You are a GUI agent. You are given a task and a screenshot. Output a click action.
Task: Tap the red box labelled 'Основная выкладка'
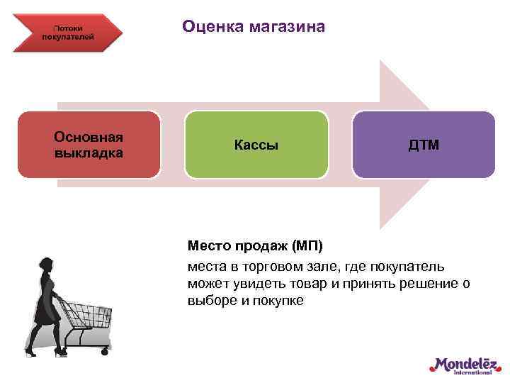(x=89, y=145)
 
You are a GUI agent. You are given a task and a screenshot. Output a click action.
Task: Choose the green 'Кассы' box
(x=256, y=145)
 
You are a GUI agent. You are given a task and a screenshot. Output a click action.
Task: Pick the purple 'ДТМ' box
(x=423, y=145)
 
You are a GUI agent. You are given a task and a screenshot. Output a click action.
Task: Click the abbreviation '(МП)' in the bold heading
(x=306, y=246)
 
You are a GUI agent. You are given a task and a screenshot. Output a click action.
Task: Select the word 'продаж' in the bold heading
(x=260, y=246)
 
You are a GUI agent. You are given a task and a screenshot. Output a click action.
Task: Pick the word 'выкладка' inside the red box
(x=89, y=152)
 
